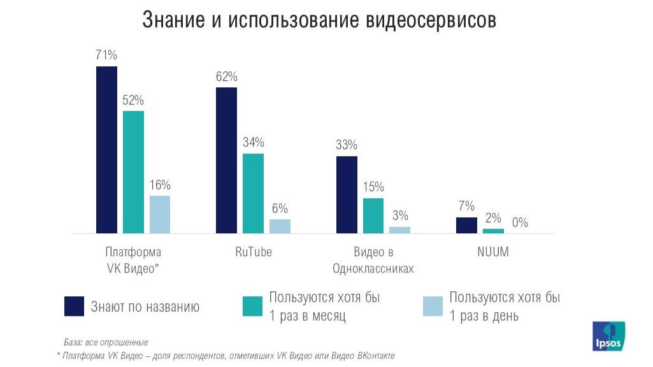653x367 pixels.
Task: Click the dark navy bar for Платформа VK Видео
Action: [106, 150]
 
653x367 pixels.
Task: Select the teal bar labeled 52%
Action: [133, 172]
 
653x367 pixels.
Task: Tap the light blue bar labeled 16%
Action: [160, 214]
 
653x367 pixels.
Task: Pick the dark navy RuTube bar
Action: [226, 160]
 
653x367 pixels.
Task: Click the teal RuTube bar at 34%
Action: [253, 193]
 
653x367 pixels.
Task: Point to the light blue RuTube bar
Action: [280, 226]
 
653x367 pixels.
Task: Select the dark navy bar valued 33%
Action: [347, 194]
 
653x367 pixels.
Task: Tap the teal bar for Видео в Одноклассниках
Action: [373, 215]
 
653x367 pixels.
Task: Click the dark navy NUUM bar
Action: [466, 226]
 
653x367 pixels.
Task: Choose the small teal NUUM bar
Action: [493, 231]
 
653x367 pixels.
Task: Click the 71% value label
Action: [106, 55]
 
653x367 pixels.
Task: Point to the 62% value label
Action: [226, 77]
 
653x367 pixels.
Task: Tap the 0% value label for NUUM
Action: [520, 223]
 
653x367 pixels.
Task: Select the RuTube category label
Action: [253, 252]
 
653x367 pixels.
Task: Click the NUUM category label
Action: [493, 252]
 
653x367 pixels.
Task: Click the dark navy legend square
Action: [75, 306]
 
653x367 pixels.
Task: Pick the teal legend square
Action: [253, 306]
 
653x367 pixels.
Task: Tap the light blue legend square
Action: [433, 306]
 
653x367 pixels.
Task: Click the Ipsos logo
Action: [608, 336]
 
